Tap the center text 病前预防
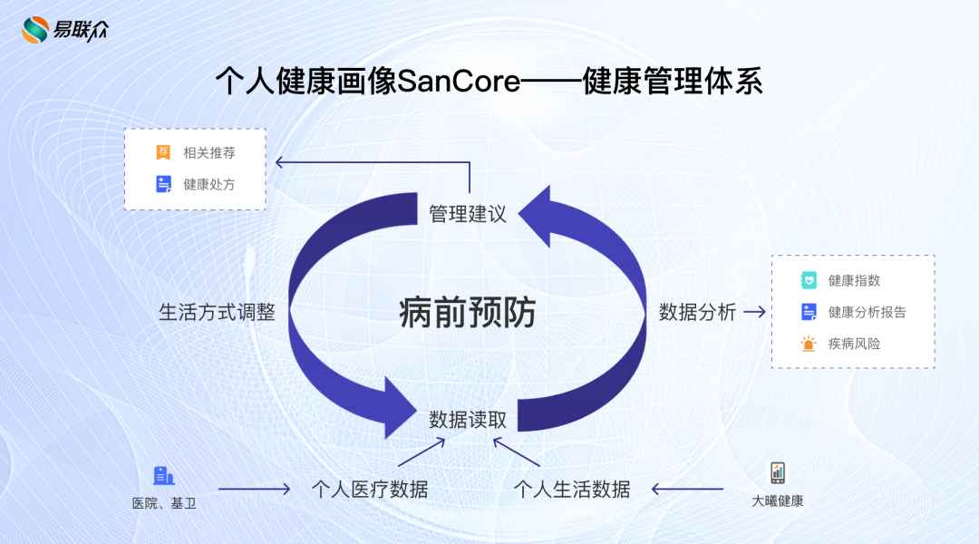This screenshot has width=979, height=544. [x=467, y=313]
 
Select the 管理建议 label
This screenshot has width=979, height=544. [x=467, y=214]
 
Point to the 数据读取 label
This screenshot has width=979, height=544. [x=468, y=420]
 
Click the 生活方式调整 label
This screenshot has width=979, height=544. [x=217, y=312]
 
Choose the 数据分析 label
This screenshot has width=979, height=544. [x=697, y=312]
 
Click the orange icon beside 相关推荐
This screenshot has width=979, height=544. [x=163, y=152]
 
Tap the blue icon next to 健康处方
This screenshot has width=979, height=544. [x=163, y=184]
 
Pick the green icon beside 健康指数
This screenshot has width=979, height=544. [x=809, y=280]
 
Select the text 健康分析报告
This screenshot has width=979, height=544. [x=867, y=312]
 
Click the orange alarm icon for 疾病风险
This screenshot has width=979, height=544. [x=809, y=344]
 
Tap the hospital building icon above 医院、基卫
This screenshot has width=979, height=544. [x=163, y=475]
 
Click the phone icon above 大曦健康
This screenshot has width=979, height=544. [x=778, y=472]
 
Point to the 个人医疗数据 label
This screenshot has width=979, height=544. [x=369, y=490]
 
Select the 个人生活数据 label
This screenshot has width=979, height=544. [x=572, y=490]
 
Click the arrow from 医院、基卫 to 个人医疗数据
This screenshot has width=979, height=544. [x=254, y=490]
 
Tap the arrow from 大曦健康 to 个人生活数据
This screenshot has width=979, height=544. [x=687, y=490]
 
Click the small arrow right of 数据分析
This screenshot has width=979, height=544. [x=754, y=312]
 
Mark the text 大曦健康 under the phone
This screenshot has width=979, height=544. [x=778, y=500]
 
